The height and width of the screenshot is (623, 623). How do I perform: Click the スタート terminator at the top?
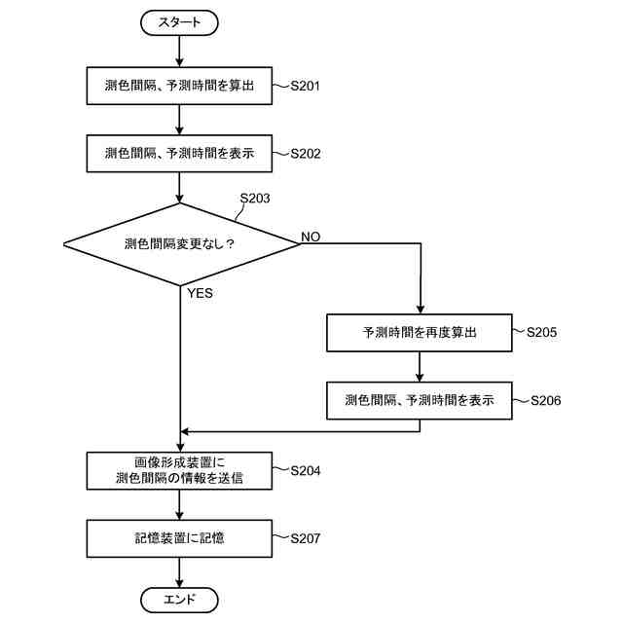point(180,20)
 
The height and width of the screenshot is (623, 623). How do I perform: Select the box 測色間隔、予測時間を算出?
point(180,86)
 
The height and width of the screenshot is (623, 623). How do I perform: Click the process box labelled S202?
point(180,153)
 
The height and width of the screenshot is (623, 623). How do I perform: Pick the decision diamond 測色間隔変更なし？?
point(180,243)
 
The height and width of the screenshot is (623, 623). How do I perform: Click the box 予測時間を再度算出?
point(420,333)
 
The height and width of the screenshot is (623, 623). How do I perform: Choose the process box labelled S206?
point(420,400)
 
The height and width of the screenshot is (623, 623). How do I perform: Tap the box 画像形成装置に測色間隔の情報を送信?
point(180,470)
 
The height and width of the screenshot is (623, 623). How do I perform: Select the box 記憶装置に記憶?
point(180,537)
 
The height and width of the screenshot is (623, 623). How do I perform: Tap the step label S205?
point(542,333)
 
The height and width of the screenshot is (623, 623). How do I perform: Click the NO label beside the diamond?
point(311,237)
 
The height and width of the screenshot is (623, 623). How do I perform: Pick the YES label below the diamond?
point(200,293)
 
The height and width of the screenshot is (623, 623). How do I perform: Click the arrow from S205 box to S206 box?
point(420,365)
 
